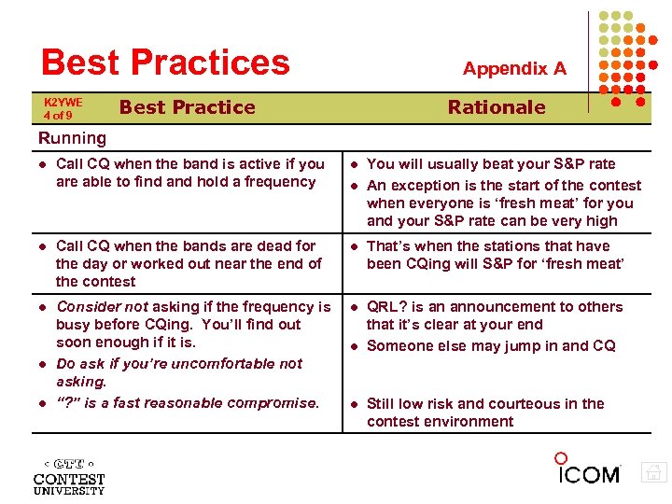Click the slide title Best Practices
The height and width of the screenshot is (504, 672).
165,63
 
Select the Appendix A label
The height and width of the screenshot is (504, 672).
514,68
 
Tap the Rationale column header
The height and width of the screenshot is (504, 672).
496,107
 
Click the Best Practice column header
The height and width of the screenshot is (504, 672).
187,107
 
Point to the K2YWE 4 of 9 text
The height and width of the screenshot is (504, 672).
63,108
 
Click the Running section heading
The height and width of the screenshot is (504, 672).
72,138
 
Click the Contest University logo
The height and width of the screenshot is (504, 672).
69,475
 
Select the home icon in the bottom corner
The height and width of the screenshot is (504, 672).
654,473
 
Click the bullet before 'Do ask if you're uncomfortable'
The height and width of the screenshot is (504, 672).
42,364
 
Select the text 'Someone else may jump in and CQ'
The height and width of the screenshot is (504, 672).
491,345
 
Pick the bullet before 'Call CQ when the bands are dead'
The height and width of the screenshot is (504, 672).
42,246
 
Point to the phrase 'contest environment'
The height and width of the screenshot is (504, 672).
440,422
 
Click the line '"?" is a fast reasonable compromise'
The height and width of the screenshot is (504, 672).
187,403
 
